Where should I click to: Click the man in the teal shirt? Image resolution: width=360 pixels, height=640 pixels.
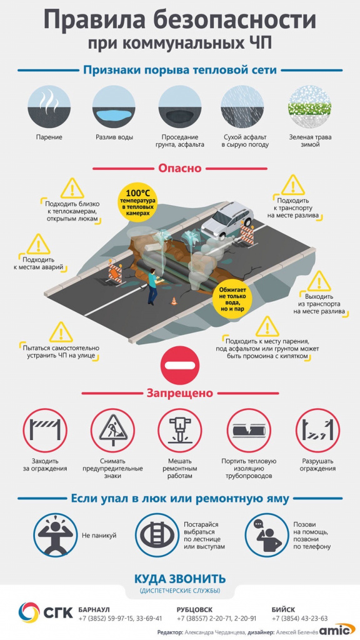coord(152,286)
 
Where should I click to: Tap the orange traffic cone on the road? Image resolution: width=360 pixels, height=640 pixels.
coord(173,301)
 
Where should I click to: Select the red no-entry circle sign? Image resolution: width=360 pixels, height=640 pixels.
coord(180,364)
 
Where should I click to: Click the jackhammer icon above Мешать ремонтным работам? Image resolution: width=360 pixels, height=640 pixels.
coord(180,431)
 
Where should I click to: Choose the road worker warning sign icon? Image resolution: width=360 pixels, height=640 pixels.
coord(112,431)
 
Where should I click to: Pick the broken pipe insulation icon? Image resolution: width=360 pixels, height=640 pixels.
coord(249,431)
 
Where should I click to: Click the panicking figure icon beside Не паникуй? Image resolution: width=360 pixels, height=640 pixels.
coord(54,535)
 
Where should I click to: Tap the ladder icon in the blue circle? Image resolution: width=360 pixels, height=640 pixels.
coord(156,535)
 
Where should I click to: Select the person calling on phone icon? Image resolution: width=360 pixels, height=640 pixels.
coord(266,535)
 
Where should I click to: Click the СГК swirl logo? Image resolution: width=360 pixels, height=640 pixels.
coord(29,614)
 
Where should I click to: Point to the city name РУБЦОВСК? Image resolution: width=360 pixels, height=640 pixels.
coord(195,609)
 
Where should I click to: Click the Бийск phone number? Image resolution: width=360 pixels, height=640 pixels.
coord(299,618)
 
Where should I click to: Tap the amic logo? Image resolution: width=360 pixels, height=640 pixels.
coord(337,630)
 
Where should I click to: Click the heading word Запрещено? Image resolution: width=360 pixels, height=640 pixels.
coord(180,394)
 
